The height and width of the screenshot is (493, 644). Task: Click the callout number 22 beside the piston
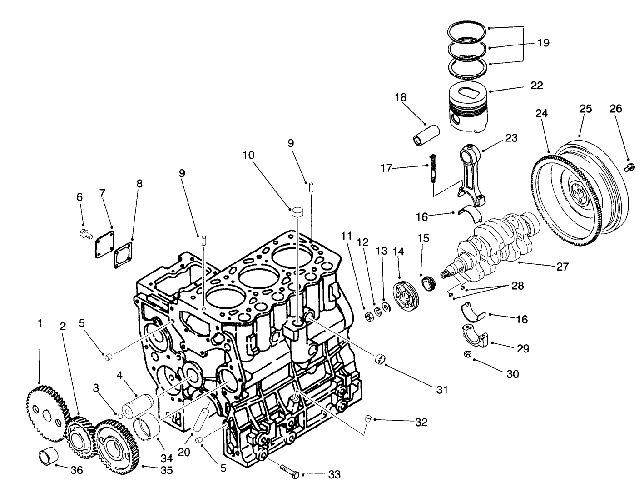point(536,86)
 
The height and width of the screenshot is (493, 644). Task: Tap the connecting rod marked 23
point(470,173)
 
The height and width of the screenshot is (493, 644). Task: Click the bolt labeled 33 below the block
point(289,471)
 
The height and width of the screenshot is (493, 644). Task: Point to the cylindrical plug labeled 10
point(297,211)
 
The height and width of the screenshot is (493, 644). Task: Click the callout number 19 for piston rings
point(543,43)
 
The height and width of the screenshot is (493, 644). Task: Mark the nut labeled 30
point(468,354)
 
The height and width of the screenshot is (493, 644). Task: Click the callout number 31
point(442,390)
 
